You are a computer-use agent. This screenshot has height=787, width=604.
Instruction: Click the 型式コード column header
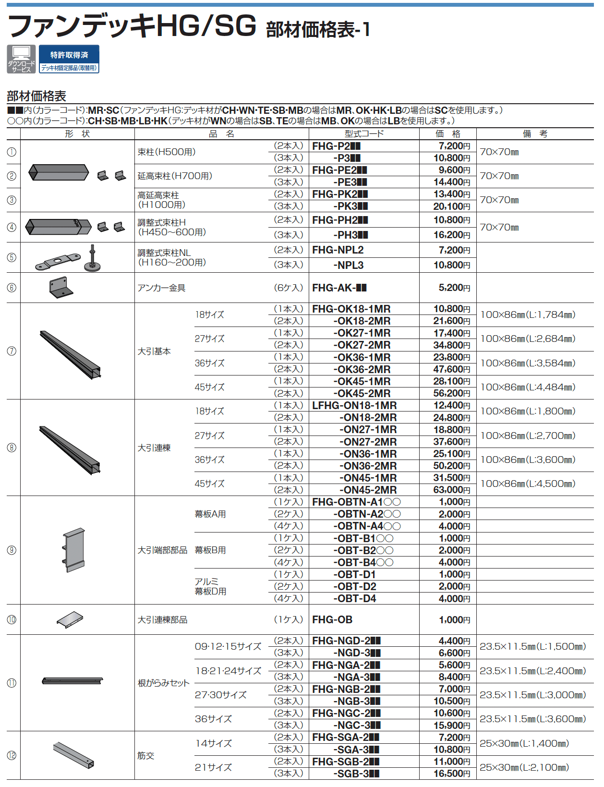364,133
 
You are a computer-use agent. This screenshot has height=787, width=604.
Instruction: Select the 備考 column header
534,133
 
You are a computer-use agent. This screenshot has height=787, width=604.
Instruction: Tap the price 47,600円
451,369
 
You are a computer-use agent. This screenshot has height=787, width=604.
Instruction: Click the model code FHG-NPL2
338,250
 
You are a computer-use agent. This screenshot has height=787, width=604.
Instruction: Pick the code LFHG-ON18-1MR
354,406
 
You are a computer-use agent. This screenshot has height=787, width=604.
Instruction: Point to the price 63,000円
451,490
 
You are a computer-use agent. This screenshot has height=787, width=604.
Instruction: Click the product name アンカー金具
161,288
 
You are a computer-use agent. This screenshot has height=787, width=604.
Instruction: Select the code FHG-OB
332,620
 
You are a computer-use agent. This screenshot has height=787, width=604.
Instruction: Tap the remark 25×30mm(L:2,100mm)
524,767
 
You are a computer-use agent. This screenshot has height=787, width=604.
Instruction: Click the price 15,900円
451,725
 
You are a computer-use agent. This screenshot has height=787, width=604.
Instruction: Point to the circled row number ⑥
12,288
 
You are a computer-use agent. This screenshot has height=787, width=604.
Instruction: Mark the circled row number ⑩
12,620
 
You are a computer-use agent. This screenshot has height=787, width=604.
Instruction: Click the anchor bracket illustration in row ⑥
61,287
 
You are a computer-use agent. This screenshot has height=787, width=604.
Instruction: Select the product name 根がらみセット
163,683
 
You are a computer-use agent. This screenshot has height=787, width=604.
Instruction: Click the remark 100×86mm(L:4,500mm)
528,484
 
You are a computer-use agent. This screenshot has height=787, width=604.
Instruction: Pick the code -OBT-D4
355,599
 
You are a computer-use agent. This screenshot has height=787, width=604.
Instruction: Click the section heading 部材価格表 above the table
36,96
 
